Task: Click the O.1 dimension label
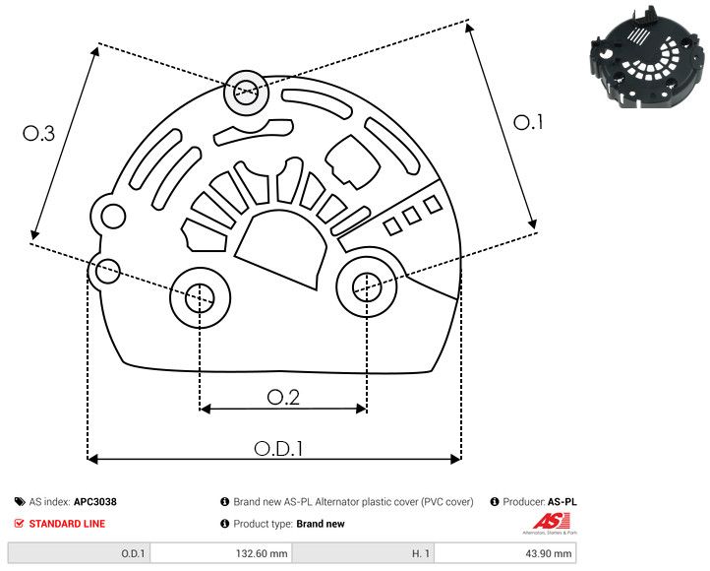(529, 122)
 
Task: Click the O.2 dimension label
(283, 397)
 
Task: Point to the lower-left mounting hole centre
(200, 294)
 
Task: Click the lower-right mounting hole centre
(367, 286)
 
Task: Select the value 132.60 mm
(264, 553)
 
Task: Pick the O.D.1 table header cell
(133, 553)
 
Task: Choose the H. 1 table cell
(420, 553)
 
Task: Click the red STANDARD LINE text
(67, 524)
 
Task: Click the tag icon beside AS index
(20, 502)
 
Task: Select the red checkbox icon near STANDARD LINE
(20, 524)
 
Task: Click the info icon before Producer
(495, 502)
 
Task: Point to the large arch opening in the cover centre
(281, 248)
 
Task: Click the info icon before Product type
(224, 524)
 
